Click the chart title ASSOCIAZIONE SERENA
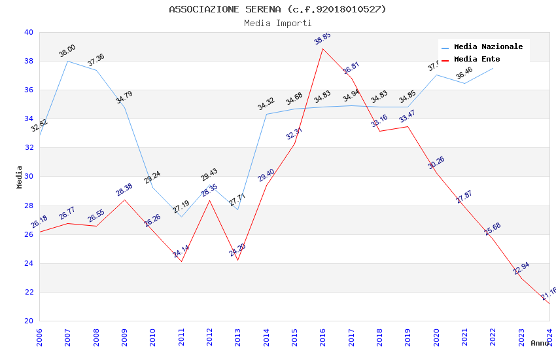(x=277, y=9)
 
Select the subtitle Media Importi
(x=277, y=23)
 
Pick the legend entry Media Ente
(x=476, y=60)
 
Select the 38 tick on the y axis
(x=28, y=62)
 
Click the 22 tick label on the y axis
(x=28, y=293)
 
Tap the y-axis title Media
(x=20, y=177)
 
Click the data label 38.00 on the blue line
(x=67, y=51)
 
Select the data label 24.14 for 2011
(x=181, y=251)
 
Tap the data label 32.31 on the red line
(x=294, y=134)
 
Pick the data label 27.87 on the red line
(x=464, y=196)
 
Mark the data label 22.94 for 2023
(x=521, y=268)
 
